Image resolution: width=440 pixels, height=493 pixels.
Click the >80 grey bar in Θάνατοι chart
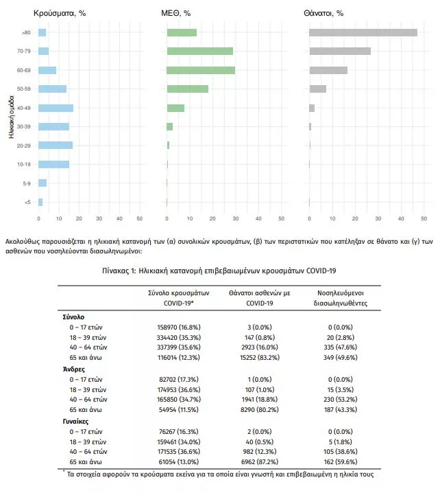(363, 32)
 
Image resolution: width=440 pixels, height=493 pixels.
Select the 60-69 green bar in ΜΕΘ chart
(201, 70)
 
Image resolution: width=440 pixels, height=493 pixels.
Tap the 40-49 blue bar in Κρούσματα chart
(56, 108)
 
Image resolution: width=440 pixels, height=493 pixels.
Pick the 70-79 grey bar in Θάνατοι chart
(340, 51)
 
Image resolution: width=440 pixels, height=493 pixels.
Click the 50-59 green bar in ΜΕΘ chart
(187, 89)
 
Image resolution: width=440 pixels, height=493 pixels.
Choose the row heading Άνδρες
(74, 369)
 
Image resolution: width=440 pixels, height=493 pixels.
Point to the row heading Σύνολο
(73, 318)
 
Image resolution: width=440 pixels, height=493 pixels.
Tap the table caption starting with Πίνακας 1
(219, 271)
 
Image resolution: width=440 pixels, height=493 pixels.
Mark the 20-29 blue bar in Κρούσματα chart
(56, 146)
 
